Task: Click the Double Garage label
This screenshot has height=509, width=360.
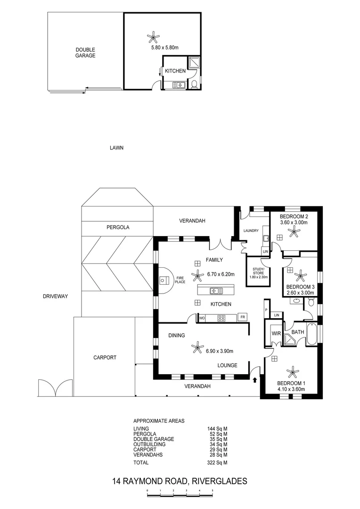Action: pyautogui.click(x=85, y=52)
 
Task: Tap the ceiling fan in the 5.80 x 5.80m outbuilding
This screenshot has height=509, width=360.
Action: pyautogui.click(x=152, y=36)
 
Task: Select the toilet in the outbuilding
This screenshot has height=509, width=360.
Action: pyautogui.click(x=194, y=85)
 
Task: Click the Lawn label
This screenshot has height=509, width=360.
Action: pyautogui.click(x=116, y=148)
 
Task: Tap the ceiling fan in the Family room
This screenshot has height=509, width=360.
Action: pyautogui.click(x=195, y=274)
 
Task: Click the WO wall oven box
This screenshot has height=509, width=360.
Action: pyautogui.click(x=202, y=318)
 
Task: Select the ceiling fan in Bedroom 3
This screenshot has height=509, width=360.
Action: pyautogui.click(x=300, y=274)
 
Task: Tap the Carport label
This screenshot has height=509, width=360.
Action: pyautogui.click(x=104, y=357)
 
